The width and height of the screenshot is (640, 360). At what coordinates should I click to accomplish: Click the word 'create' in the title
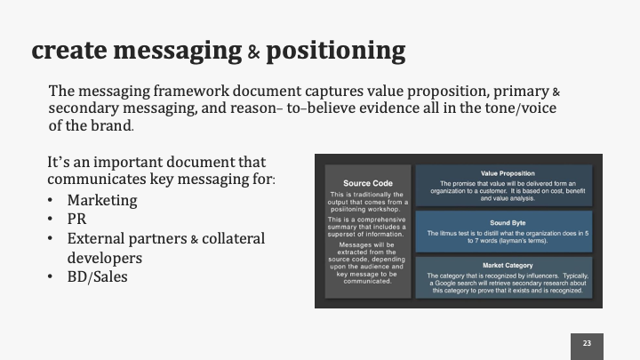(x=73, y=50)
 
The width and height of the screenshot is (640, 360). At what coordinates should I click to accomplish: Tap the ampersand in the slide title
(x=253, y=52)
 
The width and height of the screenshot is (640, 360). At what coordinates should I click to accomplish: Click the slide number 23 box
(x=587, y=343)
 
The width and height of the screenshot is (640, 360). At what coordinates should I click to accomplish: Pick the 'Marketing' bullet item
(x=103, y=200)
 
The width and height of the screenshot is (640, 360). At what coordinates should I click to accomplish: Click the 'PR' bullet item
(x=76, y=219)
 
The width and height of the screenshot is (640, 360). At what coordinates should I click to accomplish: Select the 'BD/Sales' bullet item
(x=97, y=276)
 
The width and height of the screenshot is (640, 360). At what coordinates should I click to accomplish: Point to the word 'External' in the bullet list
(x=97, y=238)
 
